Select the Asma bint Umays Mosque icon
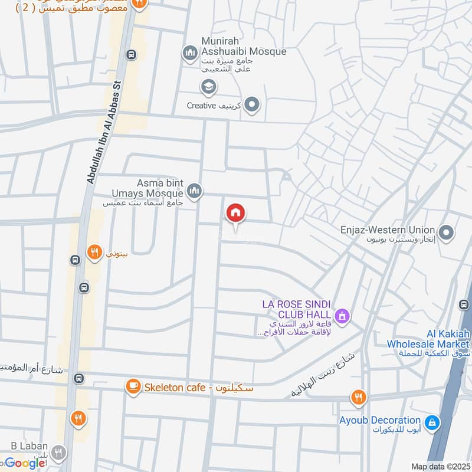[x=195, y=191]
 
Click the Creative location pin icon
[x=253, y=106]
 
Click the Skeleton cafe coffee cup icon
[x=133, y=387]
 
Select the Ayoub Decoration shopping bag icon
[x=432, y=422]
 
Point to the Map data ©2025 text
[x=440, y=466]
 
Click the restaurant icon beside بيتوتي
[x=94, y=254]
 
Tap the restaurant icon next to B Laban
[x=58, y=453]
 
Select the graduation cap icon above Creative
[x=208, y=88]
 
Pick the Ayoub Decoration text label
[x=380, y=421]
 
